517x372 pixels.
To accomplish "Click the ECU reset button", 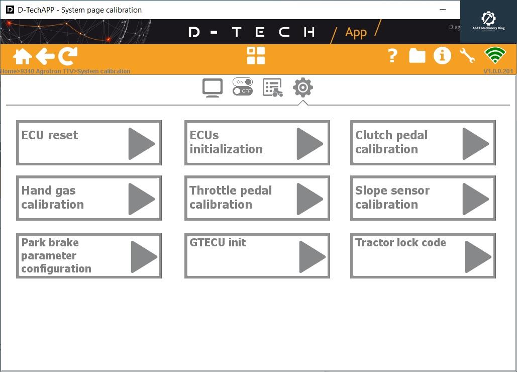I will tap(89, 143).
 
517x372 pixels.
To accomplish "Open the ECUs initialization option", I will tap(257, 143).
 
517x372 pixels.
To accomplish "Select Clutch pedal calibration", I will tap(423, 143).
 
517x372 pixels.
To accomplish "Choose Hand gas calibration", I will tap(89, 198).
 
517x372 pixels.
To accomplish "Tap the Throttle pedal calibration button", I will tap(257, 198).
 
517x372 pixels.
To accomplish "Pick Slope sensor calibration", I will tap(423, 198).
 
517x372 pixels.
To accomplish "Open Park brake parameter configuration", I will tap(89, 256).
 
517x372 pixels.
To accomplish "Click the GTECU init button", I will tap(257, 256).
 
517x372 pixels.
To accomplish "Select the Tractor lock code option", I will tap(423, 256).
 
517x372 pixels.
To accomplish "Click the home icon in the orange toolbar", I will tap(23, 56).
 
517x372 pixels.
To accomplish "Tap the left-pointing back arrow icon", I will tap(45, 56).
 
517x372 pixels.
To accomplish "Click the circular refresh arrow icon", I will tap(68, 56).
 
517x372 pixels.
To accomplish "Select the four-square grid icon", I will tap(256, 56).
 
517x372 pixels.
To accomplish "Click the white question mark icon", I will tap(392, 56).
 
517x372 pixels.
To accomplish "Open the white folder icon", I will tap(417, 56).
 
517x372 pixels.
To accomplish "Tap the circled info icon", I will tap(442, 56).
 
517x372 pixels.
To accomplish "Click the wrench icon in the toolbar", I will tap(467, 56).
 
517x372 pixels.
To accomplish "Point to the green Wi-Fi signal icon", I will tap(494, 56).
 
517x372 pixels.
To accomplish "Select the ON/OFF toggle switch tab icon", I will tap(243, 87).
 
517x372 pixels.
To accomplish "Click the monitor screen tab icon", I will tap(212, 88).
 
